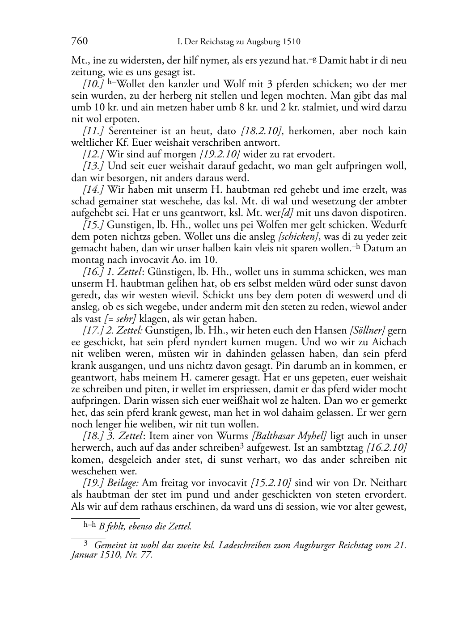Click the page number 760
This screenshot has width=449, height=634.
[79, 42]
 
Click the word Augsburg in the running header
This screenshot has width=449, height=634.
[263, 42]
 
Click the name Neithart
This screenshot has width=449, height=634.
[387, 483]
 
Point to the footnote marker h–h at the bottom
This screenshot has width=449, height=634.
[90, 526]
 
